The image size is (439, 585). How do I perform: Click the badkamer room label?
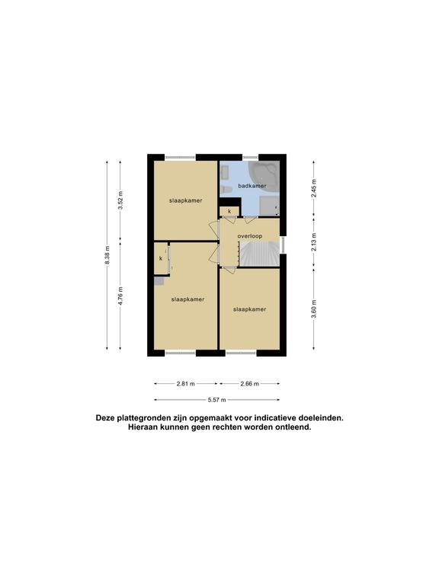click(x=252, y=186)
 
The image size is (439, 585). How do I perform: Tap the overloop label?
click(x=250, y=236)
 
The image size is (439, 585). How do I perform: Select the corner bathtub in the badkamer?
click(x=264, y=177)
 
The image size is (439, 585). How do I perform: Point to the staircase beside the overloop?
click(x=259, y=254)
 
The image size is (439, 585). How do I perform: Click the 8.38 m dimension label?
click(x=107, y=255)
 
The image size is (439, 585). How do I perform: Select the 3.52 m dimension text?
click(x=120, y=200)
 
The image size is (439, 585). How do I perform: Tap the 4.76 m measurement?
click(x=120, y=296)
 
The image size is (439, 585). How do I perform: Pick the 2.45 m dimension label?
click(x=313, y=188)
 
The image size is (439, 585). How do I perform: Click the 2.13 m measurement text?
click(x=313, y=242)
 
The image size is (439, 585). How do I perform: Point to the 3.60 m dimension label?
click(x=313, y=309)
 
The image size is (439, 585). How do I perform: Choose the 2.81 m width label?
click(x=185, y=384)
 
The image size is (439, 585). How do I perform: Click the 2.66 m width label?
click(x=250, y=384)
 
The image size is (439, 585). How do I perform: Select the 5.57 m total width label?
click(x=217, y=400)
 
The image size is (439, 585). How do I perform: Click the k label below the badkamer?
click(x=229, y=211)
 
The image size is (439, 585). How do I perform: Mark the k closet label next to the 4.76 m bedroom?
click(x=161, y=258)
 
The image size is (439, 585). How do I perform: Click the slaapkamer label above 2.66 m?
click(x=250, y=309)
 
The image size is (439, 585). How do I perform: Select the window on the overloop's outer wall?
click(x=283, y=245)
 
